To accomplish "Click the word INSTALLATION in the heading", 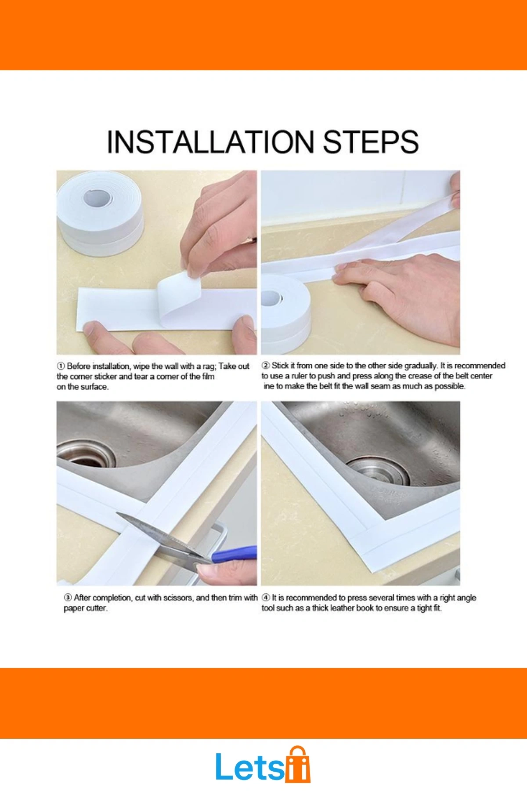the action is click(213, 142).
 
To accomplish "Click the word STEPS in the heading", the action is click(371, 142).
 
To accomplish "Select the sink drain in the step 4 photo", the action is click(378, 471).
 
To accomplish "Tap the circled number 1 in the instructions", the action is click(61, 366).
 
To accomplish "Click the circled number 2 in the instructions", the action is click(266, 366).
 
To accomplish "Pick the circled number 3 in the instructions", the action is click(68, 598).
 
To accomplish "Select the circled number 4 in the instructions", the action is click(266, 598).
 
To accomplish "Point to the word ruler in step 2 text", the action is click(300, 376).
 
